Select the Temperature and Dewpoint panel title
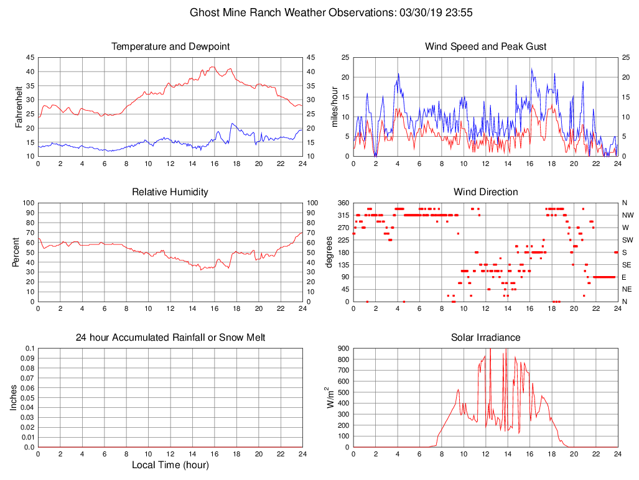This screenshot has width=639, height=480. pos(170,47)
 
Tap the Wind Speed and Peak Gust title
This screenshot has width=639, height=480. pos(485,47)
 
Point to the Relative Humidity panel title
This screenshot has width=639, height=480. pos(170,192)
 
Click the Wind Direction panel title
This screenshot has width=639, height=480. pos(485,192)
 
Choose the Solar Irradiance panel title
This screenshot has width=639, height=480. pos(485,338)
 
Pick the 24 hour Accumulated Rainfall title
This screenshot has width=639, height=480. pos(170,338)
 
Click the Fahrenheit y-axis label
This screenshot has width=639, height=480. pos(19,107)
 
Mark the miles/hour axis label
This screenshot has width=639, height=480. pos(334,107)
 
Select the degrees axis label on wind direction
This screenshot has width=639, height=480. pos(329,252)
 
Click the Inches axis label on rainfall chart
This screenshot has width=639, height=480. pos(14,397)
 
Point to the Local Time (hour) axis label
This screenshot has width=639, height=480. pos(170,464)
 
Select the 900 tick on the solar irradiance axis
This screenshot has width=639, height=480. pos(344,348)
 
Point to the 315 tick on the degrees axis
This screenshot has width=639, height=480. pos(342,215)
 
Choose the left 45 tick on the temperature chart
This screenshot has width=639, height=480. pos(30,57)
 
